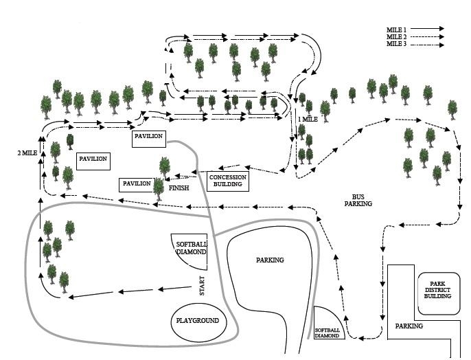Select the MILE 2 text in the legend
pos(396,36)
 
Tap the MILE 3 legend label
pos(396,44)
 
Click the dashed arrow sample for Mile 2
pos(427,37)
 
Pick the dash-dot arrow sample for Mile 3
pos(427,45)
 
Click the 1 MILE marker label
pos(308,120)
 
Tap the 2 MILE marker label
pos(27,153)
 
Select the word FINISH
pos(179,187)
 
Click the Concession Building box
pos(227,181)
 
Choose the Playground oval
pos(197,321)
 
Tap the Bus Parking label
pos(358,199)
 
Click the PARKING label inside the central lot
pos(270,260)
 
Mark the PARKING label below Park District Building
pos(409,326)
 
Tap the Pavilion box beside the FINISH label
pos(136,184)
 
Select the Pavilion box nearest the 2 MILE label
pos(93,159)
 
